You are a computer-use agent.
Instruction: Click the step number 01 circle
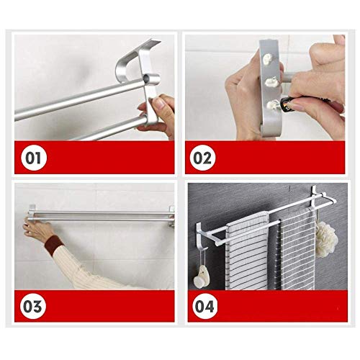(33, 158)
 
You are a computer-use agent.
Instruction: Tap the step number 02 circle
(202, 158)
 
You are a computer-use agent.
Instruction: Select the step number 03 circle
(33, 306)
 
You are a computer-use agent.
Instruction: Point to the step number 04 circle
(204, 306)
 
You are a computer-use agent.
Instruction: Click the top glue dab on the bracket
(268, 58)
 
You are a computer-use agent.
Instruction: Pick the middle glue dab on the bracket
(271, 82)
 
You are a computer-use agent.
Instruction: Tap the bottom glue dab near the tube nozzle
(273, 104)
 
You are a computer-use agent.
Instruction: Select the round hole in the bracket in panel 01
(146, 77)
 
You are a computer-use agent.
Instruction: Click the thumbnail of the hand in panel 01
(158, 103)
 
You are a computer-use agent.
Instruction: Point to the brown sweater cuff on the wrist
(54, 242)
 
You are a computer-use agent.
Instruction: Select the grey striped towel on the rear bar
(297, 248)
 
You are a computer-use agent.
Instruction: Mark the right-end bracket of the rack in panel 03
(171, 216)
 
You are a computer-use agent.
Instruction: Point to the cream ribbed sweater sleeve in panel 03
(81, 266)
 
